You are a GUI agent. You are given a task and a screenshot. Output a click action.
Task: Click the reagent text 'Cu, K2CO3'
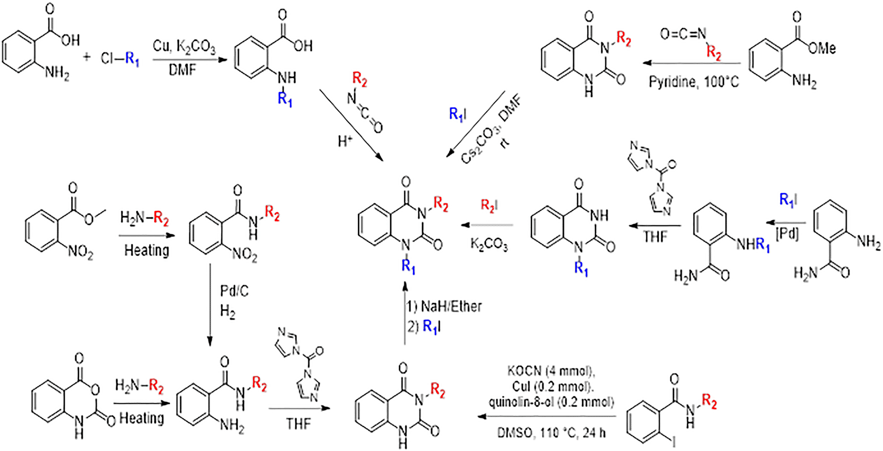(184, 47)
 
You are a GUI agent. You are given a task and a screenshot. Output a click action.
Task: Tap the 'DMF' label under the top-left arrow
(183, 69)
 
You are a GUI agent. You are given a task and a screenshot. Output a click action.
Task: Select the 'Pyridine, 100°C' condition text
(693, 82)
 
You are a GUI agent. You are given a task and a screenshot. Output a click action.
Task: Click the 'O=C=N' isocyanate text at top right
(683, 35)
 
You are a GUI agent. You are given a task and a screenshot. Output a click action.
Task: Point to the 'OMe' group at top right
(822, 49)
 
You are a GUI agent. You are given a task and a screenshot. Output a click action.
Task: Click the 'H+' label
(345, 141)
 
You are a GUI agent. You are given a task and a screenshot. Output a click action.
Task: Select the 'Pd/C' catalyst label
(234, 291)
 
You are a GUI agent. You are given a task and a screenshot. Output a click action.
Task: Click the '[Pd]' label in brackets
(787, 234)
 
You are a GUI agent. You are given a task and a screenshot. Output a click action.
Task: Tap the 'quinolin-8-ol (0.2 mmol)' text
(551, 403)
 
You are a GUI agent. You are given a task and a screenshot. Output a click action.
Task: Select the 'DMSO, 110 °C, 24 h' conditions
(551, 433)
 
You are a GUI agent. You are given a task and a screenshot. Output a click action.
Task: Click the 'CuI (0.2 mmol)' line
(551, 386)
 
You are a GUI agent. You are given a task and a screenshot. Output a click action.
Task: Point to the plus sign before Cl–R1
(87, 57)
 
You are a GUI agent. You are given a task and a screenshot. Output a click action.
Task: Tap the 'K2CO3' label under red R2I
(489, 244)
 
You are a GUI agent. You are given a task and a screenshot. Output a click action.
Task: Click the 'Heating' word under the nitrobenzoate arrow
(146, 250)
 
